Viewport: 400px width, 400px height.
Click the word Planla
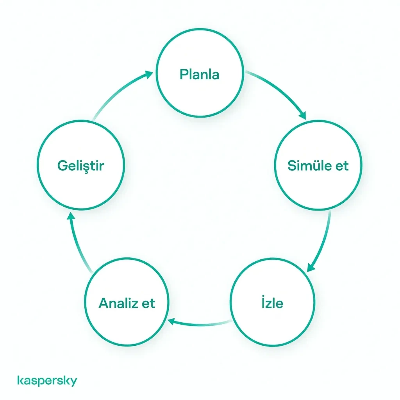[x=199, y=74]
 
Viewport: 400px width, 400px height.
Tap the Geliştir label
[x=80, y=166]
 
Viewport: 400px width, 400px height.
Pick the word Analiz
[x=118, y=303]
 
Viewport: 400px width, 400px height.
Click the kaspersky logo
[x=47, y=380]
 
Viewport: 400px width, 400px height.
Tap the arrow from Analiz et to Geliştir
[x=77, y=244]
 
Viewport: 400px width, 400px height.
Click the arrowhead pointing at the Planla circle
[x=148, y=74]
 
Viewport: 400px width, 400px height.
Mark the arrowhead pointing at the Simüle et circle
[x=303, y=115]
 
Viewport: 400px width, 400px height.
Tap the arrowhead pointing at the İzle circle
[x=311, y=268]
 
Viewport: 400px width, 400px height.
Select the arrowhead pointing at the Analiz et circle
[x=171, y=321]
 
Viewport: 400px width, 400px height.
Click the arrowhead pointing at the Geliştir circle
[x=71, y=216]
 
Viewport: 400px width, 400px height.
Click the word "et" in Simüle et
[x=342, y=166]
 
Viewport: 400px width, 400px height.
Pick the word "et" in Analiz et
[x=148, y=304]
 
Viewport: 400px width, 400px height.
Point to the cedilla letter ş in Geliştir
[x=86, y=167]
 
